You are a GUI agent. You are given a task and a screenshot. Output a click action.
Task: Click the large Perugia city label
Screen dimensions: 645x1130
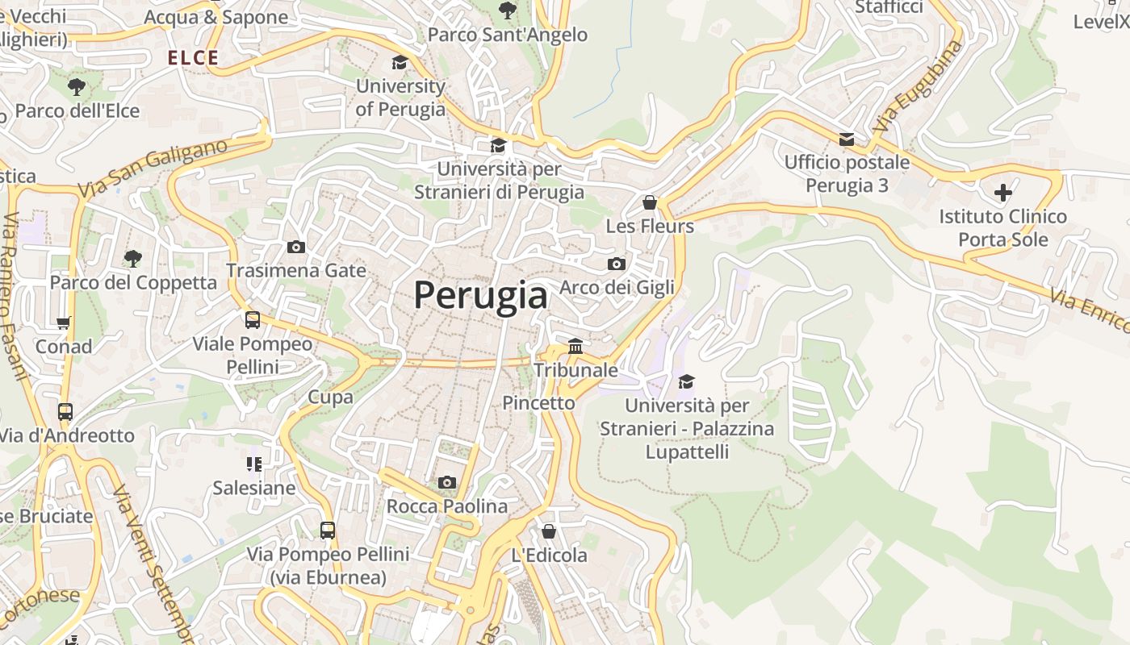tap(481, 295)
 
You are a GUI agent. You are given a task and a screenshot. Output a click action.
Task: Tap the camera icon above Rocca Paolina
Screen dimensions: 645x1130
tap(446, 482)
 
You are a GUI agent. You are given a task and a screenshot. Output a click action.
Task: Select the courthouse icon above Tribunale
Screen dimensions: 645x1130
tap(575, 346)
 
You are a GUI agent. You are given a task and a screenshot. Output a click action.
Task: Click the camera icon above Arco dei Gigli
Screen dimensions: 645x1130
tap(616, 264)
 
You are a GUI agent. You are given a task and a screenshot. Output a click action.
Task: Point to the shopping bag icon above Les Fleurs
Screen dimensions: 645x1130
tap(649, 202)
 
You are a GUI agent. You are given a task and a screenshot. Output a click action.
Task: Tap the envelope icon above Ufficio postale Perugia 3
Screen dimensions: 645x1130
tap(846, 139)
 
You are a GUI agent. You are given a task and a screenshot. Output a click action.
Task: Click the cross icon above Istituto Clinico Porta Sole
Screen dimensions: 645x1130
tap(1002, 193)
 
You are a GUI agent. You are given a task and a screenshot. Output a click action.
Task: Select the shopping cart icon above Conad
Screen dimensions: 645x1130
tap(64, 322)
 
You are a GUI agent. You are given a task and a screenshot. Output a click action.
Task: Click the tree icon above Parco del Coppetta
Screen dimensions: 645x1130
tap(133, 258)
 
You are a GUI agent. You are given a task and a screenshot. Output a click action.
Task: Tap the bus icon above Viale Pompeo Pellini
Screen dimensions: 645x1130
tap(253, 320)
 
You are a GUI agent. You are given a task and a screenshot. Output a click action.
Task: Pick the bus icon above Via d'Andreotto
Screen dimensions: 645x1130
tap(65, 411)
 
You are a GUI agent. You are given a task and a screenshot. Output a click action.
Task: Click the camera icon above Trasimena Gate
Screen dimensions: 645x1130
tap(296, 247)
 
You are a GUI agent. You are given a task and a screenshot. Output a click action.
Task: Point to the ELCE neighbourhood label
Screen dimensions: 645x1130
tap(193, 58)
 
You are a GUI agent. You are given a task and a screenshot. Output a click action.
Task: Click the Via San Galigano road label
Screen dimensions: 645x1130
tap(153, 169)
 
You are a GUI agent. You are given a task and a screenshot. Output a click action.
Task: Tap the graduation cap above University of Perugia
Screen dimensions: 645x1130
tap(400, 62)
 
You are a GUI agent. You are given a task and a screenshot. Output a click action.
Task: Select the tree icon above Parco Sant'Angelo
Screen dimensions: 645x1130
tap(507, 10)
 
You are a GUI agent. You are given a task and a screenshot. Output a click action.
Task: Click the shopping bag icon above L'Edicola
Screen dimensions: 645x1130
tap(549, 531)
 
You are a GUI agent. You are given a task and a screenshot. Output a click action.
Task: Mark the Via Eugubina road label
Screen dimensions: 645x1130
tap(918, 87)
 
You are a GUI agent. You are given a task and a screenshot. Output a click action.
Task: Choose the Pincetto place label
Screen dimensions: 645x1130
tap(538, 402)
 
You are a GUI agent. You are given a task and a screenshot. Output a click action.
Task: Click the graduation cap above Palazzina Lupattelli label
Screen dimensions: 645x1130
tap(686, 381)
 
